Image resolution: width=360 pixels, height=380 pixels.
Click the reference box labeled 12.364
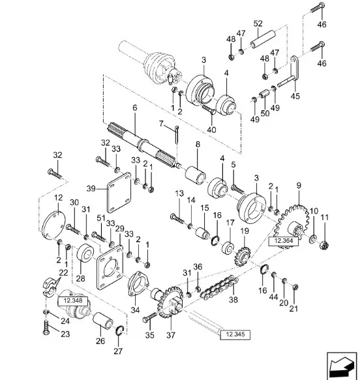[x=284, y=241]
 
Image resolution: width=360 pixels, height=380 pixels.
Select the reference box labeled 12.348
[x=73, y=301]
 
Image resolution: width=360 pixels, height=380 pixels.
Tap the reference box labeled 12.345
[x=235, y=334]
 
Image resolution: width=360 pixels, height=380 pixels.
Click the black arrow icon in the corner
[x=342, y=366]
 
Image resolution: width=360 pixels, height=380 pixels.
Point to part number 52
[x=258, y=24]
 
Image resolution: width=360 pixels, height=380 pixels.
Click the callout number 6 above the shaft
[x=135, y=107]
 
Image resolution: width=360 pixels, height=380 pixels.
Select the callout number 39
[x=91, y=188]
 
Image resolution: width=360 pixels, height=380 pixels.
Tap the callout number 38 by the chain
[x=233, y=300]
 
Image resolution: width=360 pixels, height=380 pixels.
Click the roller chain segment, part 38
[x=219, y=287]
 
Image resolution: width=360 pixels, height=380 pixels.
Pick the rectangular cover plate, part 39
[x=119, y=193]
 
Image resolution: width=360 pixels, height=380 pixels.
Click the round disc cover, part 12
[x=53, y=225]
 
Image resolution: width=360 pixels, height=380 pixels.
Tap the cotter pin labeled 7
[x=176, y=135]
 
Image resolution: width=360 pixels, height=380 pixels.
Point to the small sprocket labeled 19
[x=243, y=257]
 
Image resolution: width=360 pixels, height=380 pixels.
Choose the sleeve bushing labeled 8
[x=196, y=175]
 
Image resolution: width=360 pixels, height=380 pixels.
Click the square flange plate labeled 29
[x=110, y=267]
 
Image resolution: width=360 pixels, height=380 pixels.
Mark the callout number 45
[x=295, y=96]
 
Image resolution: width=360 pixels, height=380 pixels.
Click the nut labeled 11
[x=324, y=245]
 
